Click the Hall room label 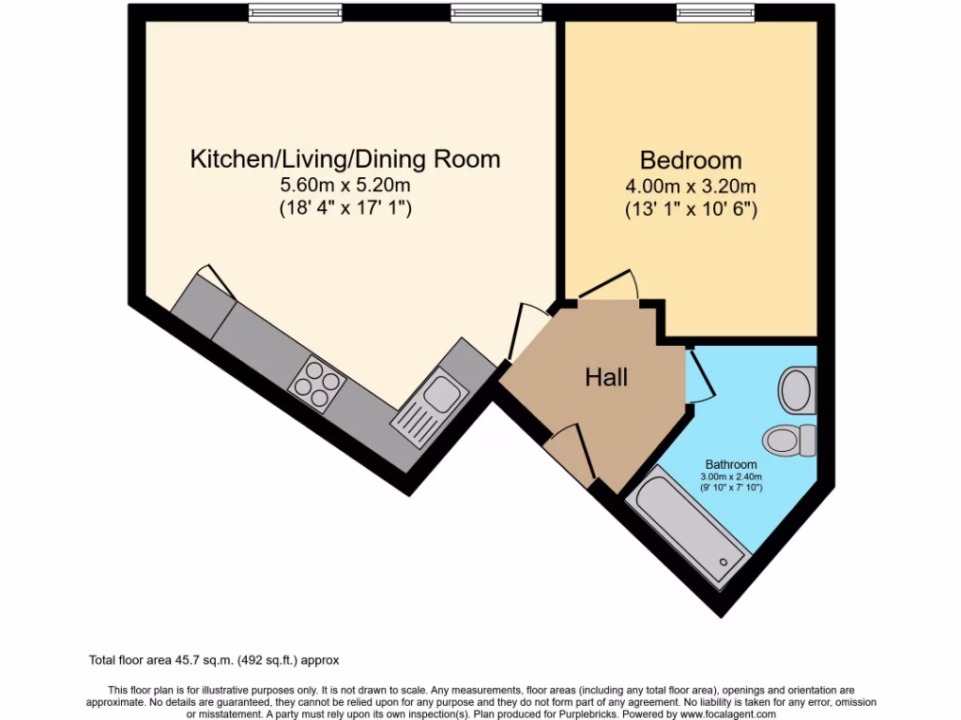(606, 378)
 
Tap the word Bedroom (691, 159)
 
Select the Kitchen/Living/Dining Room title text (345, 158)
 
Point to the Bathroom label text (731, 464)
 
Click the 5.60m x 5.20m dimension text (345, 186)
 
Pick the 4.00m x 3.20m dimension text (691, 187)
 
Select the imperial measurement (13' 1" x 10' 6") (691, 210)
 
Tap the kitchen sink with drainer (427, 403)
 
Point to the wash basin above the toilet (798, 385)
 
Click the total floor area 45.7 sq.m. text (221, 660)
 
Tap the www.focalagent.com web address (716, 713)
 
